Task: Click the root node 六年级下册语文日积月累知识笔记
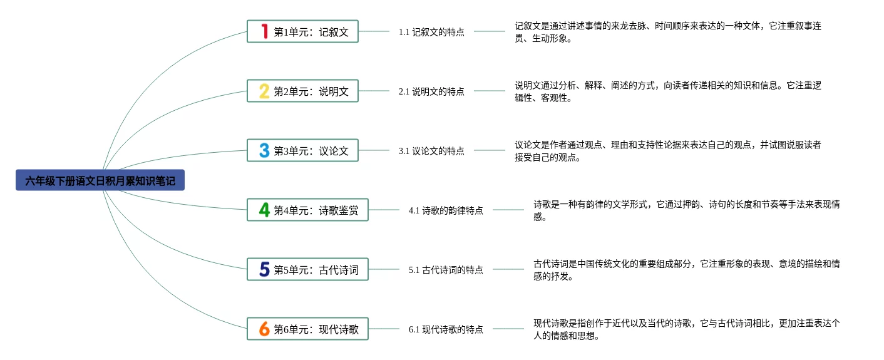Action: [100, 181]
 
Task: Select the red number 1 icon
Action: [264, 31]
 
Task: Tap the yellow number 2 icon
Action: [264, 91]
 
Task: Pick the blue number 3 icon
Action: [264, 150]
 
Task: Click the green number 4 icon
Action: [264, 210]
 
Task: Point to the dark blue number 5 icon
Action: [264, 270]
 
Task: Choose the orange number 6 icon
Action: [264, 329]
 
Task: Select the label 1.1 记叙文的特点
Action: [431, 32]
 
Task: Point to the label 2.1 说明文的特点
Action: [431, 91]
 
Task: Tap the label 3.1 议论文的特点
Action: [431, 151]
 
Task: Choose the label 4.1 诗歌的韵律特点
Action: [446, 210]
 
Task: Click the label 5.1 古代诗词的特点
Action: [446, 270]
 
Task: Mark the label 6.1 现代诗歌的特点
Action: [446, 329]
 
